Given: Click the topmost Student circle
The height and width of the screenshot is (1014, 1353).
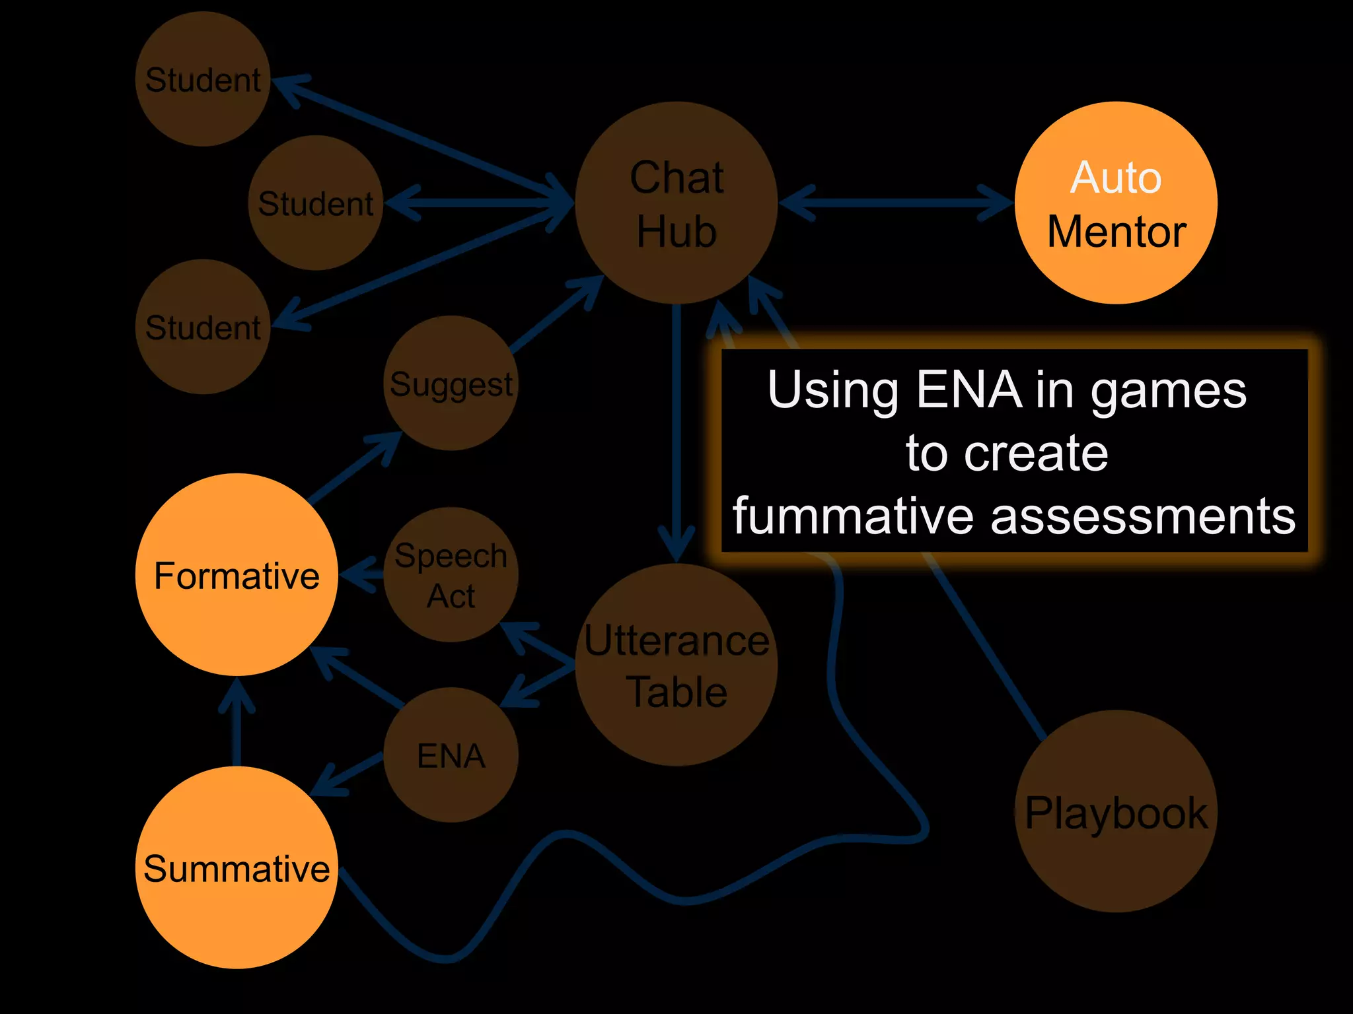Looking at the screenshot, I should (x=203, y=79).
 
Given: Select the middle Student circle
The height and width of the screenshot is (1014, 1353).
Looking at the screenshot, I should (x=316, y=203).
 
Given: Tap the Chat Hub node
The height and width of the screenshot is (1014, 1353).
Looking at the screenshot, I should (x=676, y=203).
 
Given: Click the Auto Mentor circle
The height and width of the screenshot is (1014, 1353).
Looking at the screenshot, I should (x=1116, y=203).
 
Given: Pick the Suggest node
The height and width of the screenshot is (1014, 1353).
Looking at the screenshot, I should (x=451, y=384).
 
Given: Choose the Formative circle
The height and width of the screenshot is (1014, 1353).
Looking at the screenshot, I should (x=237, y=574).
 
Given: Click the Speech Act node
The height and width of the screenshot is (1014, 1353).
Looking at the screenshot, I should (x=451, y=574).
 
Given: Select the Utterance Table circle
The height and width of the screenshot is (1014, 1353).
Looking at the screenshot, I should (x=676, y=665).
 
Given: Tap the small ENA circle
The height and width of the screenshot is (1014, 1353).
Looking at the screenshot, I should (x=451, y=755).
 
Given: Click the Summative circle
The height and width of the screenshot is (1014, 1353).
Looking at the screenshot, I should (x=237, y=867).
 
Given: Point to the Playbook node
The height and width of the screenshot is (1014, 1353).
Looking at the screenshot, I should (x=1116, y=811).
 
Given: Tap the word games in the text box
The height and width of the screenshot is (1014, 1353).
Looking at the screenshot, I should (x=1168, y=391).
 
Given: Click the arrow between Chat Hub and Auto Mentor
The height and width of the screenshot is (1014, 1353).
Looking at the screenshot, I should (x=895, y=203).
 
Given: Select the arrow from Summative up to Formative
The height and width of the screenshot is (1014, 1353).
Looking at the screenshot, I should (x=237, y=723).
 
